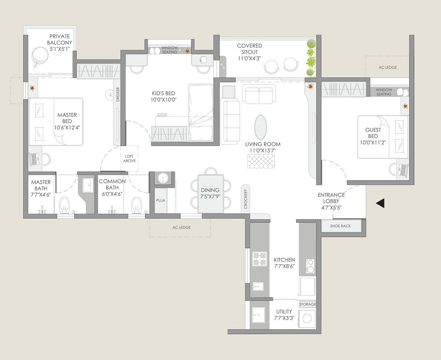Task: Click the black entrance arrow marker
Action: pyautogui.click(x=380, y=204)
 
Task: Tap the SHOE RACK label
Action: pyautogui.click(x=340, y=226)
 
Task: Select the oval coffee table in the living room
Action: pyautogui.click(x=261, y=127)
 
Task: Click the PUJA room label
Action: pyautogui.click(x=160, y=200)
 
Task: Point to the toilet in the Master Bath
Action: pyautogui.click(x=65, y=205)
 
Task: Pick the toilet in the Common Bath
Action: pyautogui.click(x=137, y=205)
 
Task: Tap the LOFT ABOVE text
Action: pyautogui.click(x=130, y=158)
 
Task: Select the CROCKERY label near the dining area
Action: pyautogui.click(x=245, y=199)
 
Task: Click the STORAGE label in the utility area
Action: pyautogui.click(x=307, y=304)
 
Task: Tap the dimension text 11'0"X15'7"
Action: pyautogui.click(x=263, y=151)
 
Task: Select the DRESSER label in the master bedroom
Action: pyautogui.click(x=118, y=94)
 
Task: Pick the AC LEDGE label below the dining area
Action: pyautogui.click(x=181, y=227)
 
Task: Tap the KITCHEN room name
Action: pyautogui.click(x=284, y=260)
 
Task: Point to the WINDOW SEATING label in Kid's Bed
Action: pyautogui.click(x=169, y=49)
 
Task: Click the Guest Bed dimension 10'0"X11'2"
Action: pyautogui.click(x=373, y=143)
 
